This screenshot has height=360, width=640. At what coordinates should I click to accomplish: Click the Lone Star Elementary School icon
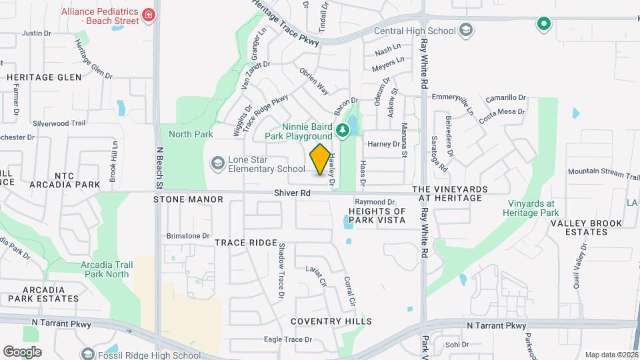217,163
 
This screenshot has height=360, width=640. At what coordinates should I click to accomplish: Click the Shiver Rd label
292,193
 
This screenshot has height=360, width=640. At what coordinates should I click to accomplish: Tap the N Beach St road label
159,167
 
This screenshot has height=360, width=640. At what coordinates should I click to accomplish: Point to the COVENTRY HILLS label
331,321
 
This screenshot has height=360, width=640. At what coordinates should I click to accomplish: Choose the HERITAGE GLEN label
44,77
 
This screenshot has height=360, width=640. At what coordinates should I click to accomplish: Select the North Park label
191,134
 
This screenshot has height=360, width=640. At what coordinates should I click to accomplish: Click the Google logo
22,351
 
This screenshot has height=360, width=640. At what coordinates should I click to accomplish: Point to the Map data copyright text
611,355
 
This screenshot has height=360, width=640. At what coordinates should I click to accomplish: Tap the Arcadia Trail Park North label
105,269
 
